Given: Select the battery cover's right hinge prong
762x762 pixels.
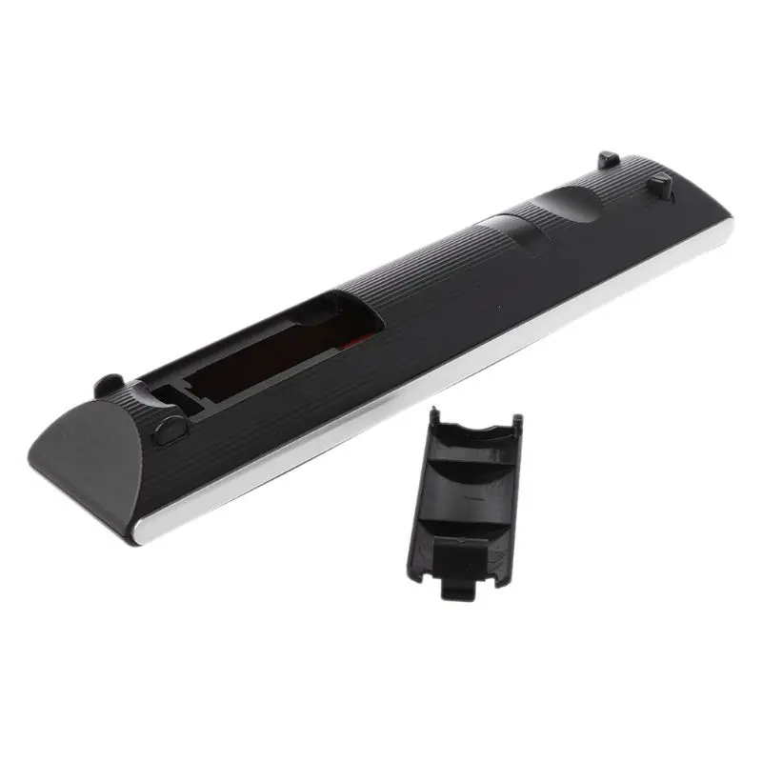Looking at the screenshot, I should click(515, 422).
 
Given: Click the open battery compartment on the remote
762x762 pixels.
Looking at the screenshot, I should click(286, 352).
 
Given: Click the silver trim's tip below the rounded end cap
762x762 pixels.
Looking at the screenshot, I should click(143, 538).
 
